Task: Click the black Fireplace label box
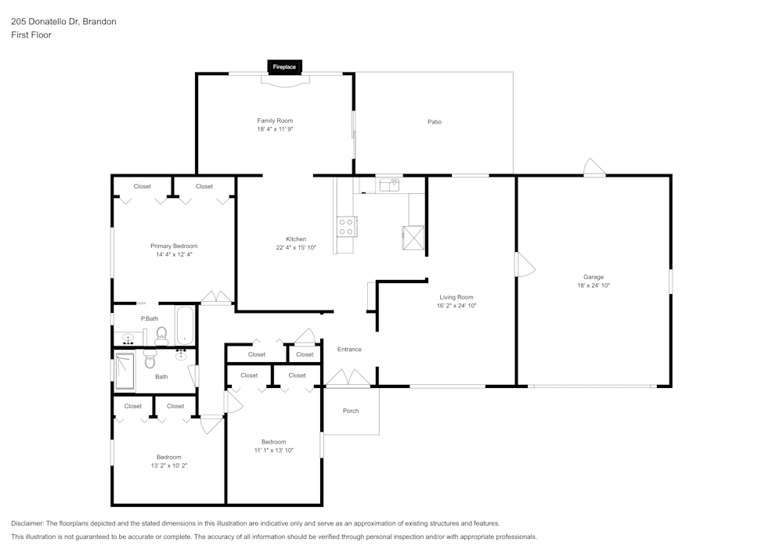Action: pyautogui.click(x=284, y=67)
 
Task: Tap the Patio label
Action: pyautogui.click(x=434, y=122)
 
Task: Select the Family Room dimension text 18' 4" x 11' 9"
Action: pyautogui.click(x=275, y=130)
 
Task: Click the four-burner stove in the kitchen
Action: pyautogui.click(x=346, y=226)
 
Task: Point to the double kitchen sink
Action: pyautogui.click(x=389, y=185)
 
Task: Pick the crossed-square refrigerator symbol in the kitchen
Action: pyautogui.click(x=413, y=237)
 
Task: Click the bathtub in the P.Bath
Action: pyautogui.click(x=185, y=325)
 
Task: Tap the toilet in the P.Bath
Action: pyautogui.click(x=161, y=336)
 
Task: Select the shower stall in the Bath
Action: pyautogui.click(x=125, y=371)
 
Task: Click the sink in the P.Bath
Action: pyautogui.click(x=128, y=339)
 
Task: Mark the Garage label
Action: pyautogui.click(x=593, y=277)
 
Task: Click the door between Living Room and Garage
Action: pyautogui.click(x=523, y=264)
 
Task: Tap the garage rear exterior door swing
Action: pyautogui.click(x=594, y=168)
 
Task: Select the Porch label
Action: pyautogui.click(x=351, y=411)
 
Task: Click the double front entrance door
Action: pyautogui.click(x=348, y=379)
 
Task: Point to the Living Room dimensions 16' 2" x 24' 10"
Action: pyautogui.click(x=456, y=306)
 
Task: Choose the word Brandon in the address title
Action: pyautogui.click(x=99, y=22)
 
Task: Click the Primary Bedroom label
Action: pyautogui.click(x=174, y=246)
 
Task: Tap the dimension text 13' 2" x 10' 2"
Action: pyautogui.click(x=168, y=465)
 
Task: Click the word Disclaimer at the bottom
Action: pyautogui.click(x=27, y=523)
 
